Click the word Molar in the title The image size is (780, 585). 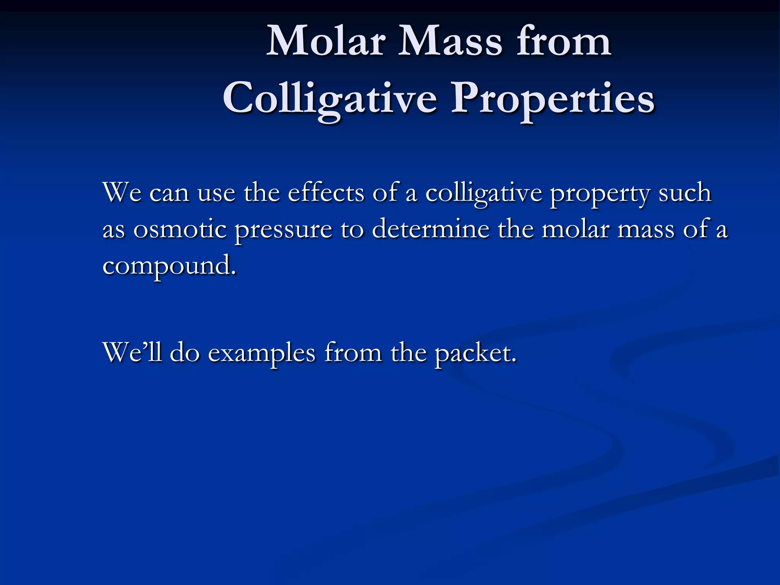tap(326, 41)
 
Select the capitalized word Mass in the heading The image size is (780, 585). tap(450, 41)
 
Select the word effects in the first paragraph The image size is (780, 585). tap(326, 193)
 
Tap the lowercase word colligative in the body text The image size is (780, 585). tap(483, 193)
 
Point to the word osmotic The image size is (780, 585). tap(179, 229)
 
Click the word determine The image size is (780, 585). tap(430, 229)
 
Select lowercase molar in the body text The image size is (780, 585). tap(575, 229)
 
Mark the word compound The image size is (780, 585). tap(169, 266)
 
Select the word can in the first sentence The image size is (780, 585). tap(169, 193)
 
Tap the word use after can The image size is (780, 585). tap(216, 193)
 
